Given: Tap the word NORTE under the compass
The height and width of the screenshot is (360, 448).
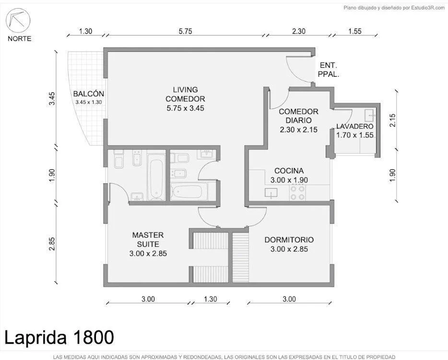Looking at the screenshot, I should (20, 38).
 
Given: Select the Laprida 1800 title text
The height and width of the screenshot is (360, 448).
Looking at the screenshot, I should (59, 337).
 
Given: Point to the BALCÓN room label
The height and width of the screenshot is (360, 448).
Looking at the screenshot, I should (88, 94).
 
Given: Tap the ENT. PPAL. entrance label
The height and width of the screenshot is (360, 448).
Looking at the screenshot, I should (329, 70).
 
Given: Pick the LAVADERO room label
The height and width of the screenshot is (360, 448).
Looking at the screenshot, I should (354, 126).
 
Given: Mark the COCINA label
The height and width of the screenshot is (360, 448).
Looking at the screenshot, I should (289, 171).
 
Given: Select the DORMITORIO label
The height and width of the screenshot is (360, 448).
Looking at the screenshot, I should (289, 240).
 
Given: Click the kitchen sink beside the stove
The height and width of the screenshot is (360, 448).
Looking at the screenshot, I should (271, 193).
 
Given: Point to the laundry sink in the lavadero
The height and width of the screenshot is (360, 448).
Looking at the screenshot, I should (370, 115).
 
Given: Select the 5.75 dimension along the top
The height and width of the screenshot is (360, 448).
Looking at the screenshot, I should (185, 31).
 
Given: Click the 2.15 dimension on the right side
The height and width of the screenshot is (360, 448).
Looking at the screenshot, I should (392, 120).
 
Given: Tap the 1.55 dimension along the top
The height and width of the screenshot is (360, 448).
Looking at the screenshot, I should (354, 31).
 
